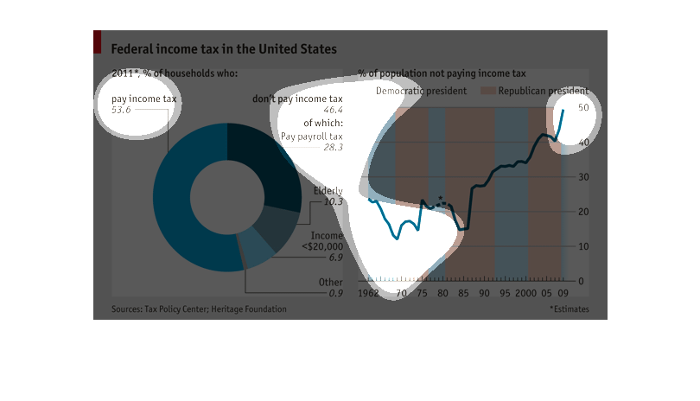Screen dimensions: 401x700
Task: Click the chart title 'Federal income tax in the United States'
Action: point(224,49)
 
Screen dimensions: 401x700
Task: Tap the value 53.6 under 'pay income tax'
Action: point(121,111)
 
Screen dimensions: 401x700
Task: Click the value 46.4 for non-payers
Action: point(333,111)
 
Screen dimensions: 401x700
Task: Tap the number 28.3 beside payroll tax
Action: point(333,148)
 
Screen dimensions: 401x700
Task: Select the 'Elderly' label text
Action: point(328,191)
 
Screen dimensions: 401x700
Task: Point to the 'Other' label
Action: point(330,283)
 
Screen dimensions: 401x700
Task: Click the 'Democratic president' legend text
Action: point(421,91)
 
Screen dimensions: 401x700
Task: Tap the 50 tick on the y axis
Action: point(582,107)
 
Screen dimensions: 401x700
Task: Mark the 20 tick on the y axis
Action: point(582,212)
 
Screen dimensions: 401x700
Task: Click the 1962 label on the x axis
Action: point(369,294)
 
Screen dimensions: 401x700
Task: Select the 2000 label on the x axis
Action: point(525,294)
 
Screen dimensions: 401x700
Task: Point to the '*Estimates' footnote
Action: point(569,309)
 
